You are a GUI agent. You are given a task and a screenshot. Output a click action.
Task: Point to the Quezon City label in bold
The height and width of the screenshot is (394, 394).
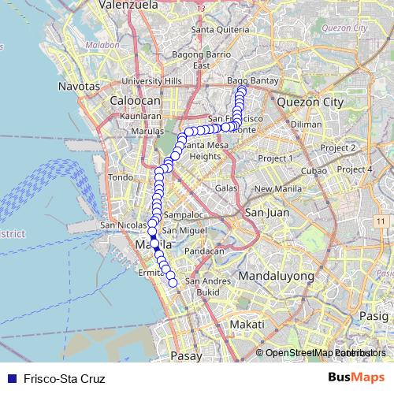tap(310, 102)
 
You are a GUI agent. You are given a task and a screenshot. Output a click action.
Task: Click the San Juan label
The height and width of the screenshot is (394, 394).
tap(267, 213)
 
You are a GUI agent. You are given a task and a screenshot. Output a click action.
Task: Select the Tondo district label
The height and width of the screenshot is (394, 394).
tap(121, 177)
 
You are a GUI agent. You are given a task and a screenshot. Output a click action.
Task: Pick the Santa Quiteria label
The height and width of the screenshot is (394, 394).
tap(214, 31)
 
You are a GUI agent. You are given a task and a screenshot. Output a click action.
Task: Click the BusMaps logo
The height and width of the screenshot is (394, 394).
tap(357, 377)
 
